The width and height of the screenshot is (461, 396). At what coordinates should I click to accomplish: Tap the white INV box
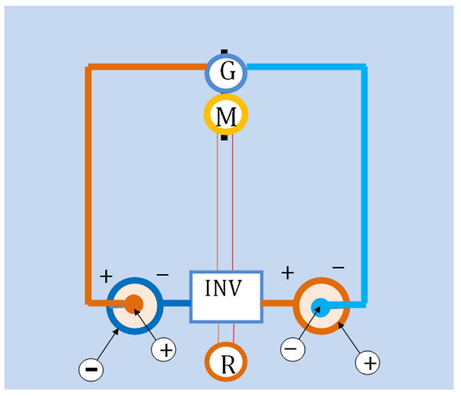coord(226,297)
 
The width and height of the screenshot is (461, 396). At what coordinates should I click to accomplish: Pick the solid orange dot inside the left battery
coord(134,304)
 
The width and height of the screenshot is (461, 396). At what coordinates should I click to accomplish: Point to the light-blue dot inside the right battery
coord(320,308)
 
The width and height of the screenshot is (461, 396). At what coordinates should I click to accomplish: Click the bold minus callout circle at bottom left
coord(91,370)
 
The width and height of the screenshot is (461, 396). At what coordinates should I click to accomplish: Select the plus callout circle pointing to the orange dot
coord(164,350)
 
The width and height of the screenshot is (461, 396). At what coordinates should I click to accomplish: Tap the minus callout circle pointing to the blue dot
coord(293,349)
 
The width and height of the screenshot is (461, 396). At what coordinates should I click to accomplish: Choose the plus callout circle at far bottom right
coord(367,363)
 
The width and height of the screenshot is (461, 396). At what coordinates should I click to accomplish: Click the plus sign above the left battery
coord(106,277)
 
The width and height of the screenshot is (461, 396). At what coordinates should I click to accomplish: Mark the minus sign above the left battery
coord(163,275)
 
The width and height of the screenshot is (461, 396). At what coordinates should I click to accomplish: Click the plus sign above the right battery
coord(287,273)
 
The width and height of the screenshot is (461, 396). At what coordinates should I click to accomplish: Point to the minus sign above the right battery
coord(338,268)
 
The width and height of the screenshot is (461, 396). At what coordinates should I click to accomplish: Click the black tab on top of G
coord(224,51)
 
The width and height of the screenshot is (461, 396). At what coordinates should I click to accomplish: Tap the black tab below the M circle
coord(224,137)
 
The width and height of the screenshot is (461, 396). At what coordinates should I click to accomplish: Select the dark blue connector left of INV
coord(176,303)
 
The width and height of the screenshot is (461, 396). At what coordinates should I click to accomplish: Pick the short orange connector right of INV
coord(278,303)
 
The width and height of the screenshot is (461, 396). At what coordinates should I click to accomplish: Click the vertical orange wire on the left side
coord(88,185)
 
